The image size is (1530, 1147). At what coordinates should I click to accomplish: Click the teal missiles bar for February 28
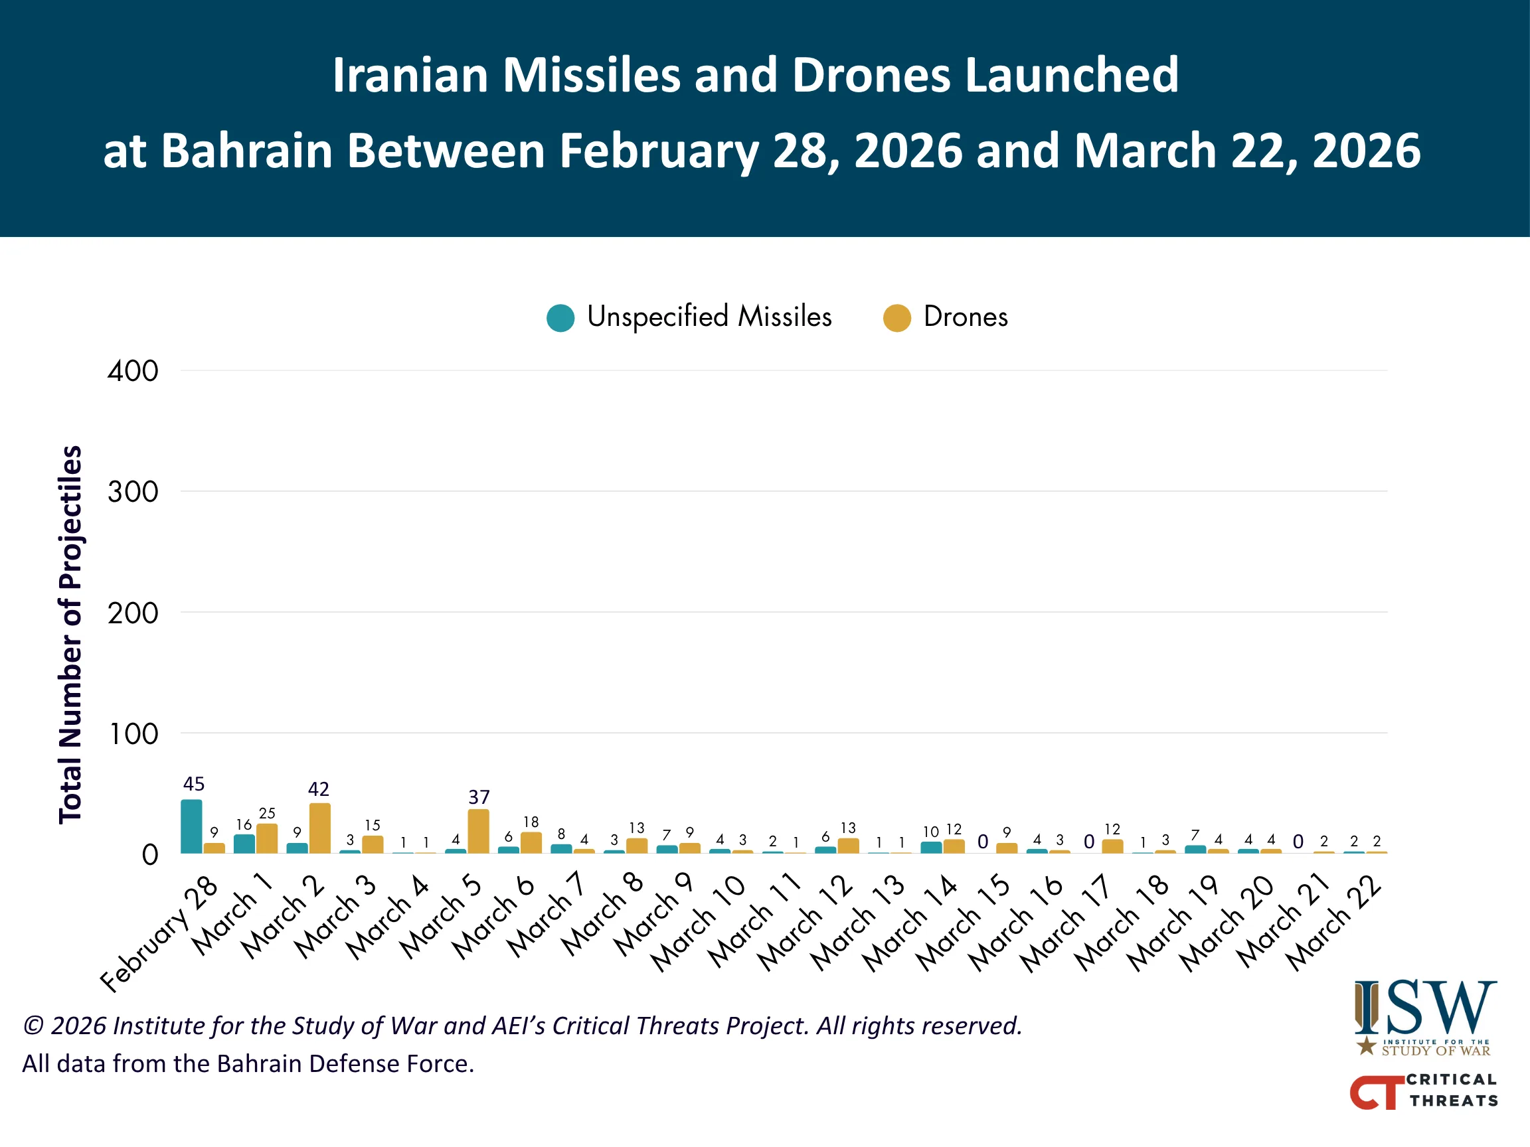[x=192, y=826]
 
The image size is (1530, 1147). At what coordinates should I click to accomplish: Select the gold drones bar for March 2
[x=319, y=828]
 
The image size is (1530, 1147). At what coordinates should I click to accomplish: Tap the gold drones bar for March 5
[x=479, y=831]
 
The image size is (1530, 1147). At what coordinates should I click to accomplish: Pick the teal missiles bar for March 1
[x=244, y=844]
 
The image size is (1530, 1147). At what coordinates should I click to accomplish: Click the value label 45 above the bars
[x=194, y=784]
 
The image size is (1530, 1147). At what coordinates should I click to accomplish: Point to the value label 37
[x=479, y=797]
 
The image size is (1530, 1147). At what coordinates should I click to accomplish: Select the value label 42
[x=319, y=789]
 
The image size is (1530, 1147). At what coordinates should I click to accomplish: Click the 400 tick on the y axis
[x=133, y=371]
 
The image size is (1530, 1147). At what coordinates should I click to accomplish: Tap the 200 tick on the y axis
[x=133, y=613]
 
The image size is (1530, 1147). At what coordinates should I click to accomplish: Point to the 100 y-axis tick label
[x=133, y=734]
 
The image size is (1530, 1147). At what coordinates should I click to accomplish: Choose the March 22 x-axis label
[x=1333, y=923]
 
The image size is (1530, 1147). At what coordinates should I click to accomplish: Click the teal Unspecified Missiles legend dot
[x=560, y=318]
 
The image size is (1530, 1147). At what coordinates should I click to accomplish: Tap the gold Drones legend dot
[x=897, y=318]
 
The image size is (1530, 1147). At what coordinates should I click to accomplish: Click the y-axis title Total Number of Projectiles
[x=70, y=635]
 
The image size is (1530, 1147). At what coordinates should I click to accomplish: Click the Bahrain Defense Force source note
[x=248, y=1063]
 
